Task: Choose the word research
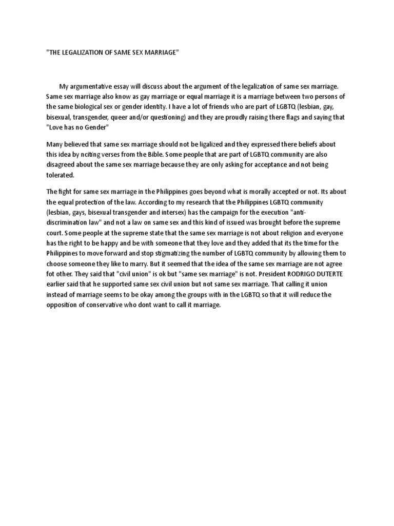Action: [200, 202]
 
